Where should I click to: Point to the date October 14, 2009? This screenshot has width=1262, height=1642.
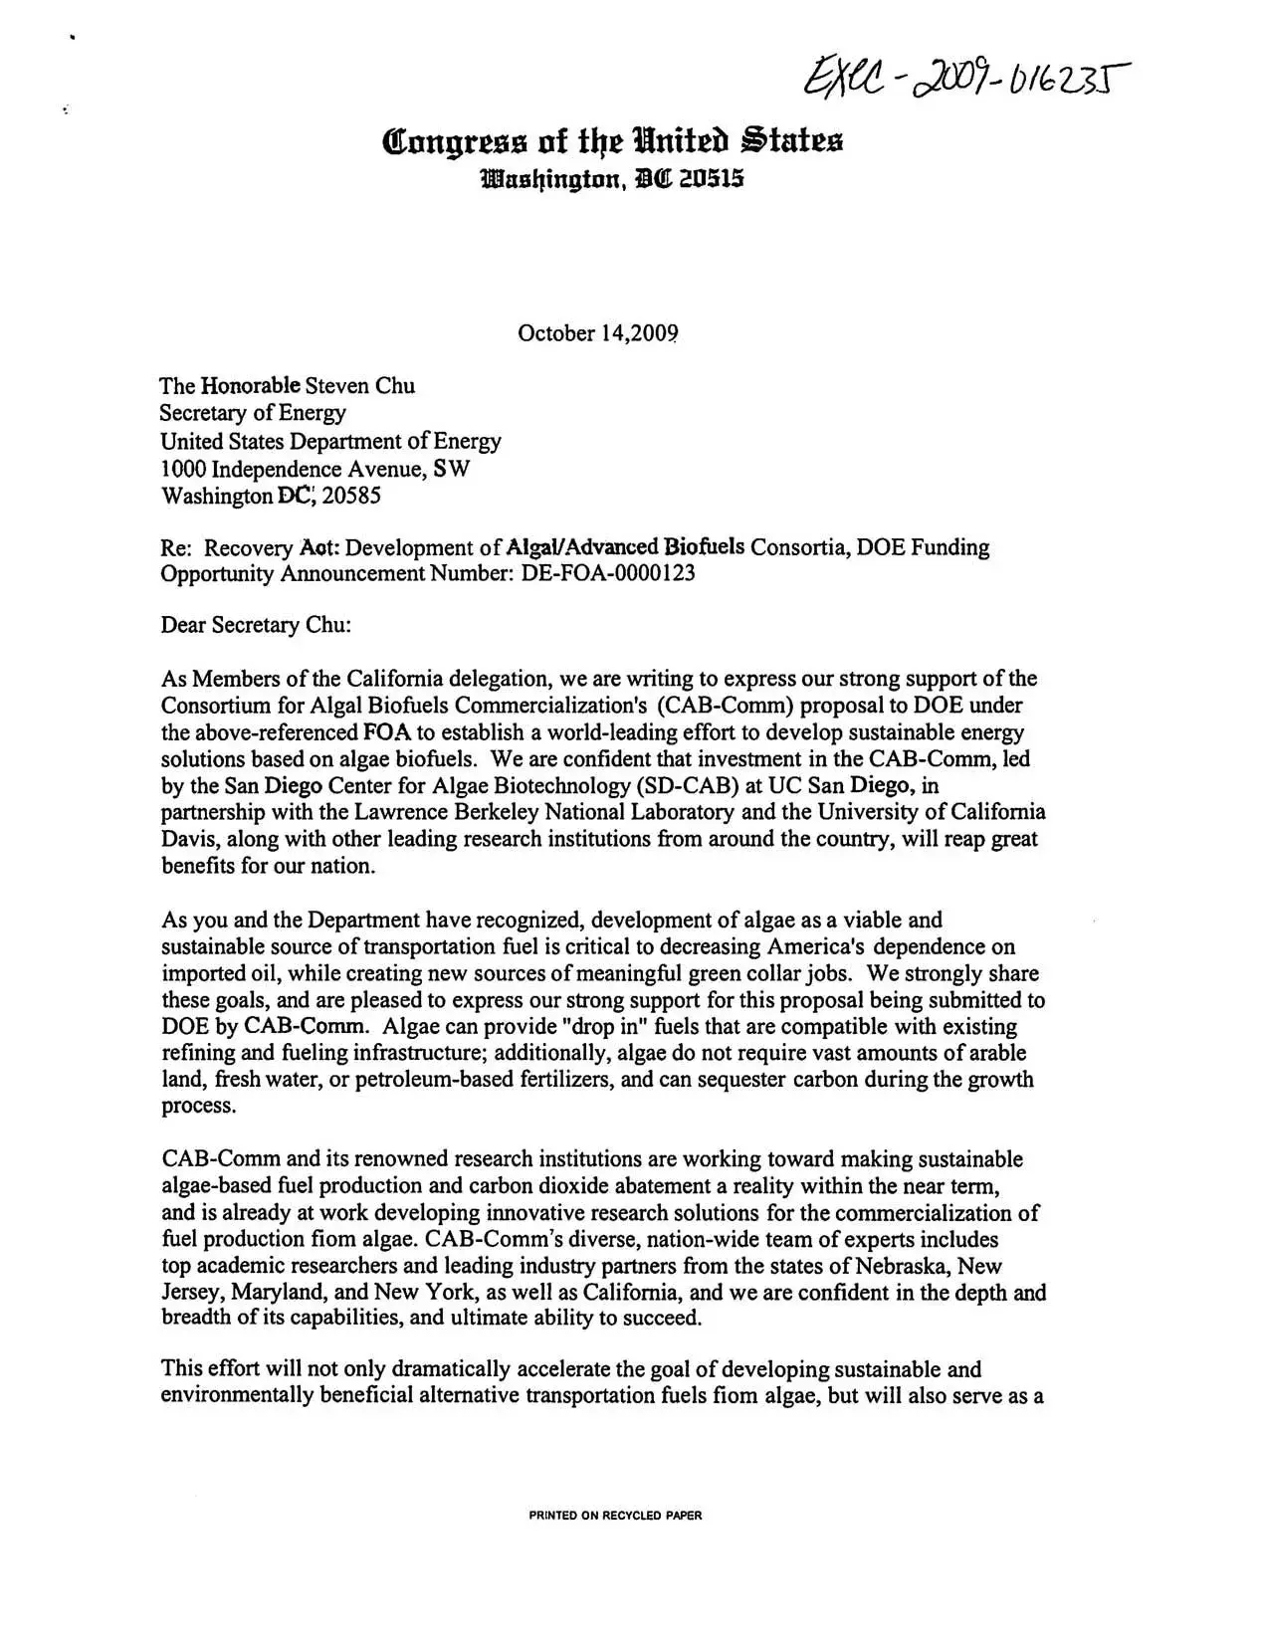coord(597,333)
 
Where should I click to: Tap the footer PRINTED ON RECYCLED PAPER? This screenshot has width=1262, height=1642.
coord(615,1516)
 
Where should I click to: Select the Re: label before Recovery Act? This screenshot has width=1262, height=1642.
coord(177,547)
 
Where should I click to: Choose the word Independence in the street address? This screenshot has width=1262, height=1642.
coord(277,469)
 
